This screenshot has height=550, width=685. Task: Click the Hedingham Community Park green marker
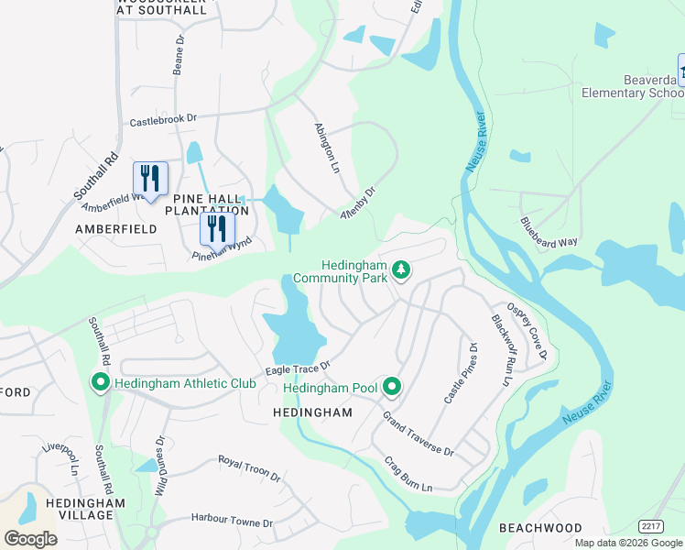(400, 269)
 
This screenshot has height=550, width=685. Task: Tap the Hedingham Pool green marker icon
(392, 388)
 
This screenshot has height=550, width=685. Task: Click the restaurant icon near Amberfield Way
(150, 178)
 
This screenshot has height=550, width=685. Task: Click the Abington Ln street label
(327, 145)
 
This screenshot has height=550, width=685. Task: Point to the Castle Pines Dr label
(461, 373)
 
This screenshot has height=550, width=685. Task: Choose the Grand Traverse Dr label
(419, 434)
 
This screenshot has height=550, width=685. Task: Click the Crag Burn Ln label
(408, 475)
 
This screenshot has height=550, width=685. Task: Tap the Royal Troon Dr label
(249, 468)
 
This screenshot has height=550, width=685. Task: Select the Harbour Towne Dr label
(232, 521)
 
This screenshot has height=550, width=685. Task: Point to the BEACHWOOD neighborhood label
(540, 528)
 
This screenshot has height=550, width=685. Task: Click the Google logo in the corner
(30, 538)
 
